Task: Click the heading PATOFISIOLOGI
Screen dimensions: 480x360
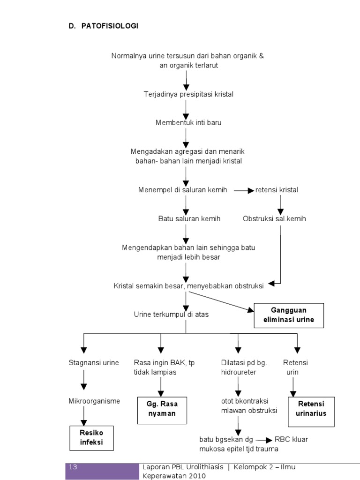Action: coord(110,26)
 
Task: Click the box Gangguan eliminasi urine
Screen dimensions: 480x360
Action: coord(289,315)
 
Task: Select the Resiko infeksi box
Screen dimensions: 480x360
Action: coord(91,437)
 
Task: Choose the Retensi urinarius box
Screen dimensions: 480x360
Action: coord(311,409)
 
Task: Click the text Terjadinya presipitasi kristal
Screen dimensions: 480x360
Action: coord(188,94)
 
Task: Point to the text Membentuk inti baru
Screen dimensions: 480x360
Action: coord(188,122)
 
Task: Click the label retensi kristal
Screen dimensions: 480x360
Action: coord(277,190)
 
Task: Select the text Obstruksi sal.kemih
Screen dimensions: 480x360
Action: coord(274,219)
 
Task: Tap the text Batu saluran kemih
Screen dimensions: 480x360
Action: coord(189,219)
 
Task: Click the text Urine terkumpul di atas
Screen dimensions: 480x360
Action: coord(171,315)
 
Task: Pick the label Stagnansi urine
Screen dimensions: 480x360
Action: coord(94,363)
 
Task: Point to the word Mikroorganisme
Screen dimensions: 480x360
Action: coord(94,401)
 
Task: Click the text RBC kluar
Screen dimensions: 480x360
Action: coord(291,439)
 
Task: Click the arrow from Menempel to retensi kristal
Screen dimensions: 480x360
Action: coord(244,190)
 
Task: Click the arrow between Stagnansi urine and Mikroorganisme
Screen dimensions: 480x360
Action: coord(84,380)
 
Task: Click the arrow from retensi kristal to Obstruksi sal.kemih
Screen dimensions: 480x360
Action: coord(280,204)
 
